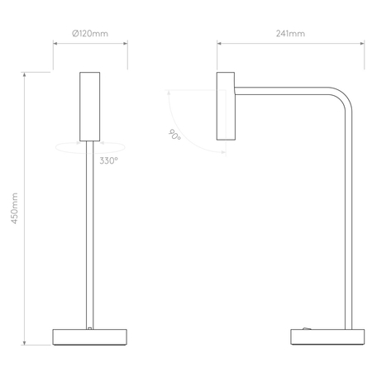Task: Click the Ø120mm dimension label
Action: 89,34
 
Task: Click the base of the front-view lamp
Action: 89,337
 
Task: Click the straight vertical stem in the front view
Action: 89,240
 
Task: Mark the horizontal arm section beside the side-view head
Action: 281,88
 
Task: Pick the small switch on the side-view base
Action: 307,328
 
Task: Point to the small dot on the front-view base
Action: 89,329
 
